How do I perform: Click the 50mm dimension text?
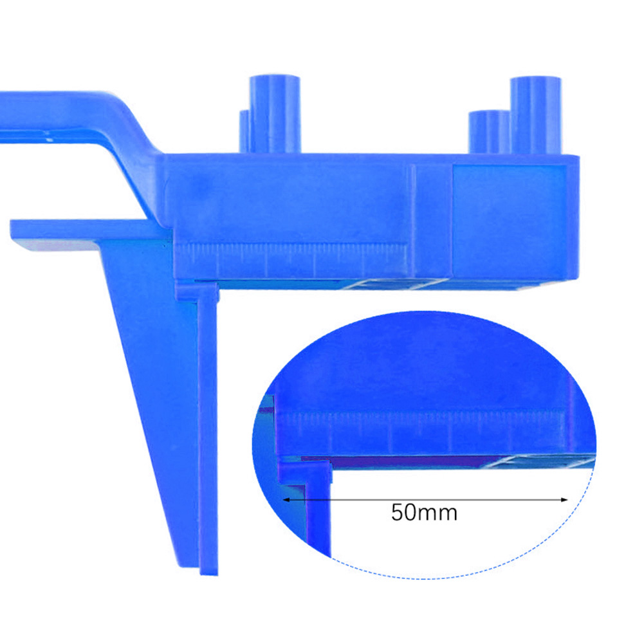coord(424,513)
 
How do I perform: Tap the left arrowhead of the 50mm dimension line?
coord(286,500)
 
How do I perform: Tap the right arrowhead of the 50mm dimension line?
coord(564,500)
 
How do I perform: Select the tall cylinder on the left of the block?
coord(275,114)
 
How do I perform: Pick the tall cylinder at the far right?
coord(535,115)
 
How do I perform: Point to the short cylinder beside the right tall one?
coord(489,132)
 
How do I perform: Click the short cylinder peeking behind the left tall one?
coord(244,131)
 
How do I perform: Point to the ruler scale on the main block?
coord(291,258)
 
